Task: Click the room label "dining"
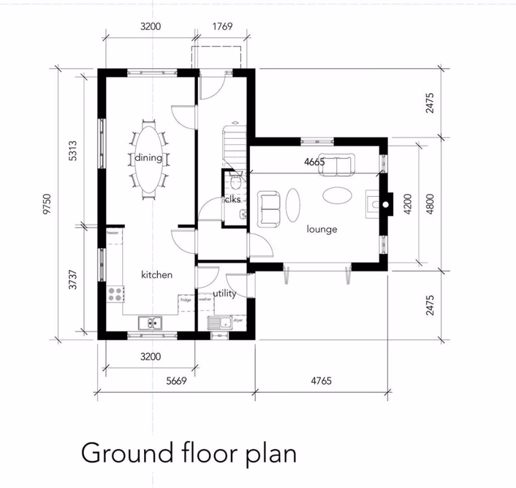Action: pyautogui.click(x=148, y=158)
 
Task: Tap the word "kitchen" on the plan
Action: pyautogui.click(x=156, y=274)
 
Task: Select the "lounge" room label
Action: pyautogui.click(x=322, y=229)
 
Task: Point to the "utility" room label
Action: pyautogui.click(x=224, y=293)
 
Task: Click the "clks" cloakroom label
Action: pyautogui.click(x=232, y=199)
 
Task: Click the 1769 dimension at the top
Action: pyautogui.click(x=222, y=27)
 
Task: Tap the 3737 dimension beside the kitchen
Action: pyautogui.click(x=72, y=282)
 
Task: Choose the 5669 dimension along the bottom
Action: pyautogui.click(x=175, y=380)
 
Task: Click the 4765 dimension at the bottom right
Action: pyautogui.click(x=321, y=380)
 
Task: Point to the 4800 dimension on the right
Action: pyautogui.click(x=431, y=201)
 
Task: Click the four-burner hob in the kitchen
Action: pyautogui.click(x=115, y=294)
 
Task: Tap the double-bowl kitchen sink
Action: pyautogui.click(x=151, y=322)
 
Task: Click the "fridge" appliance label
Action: pyautogui.click(x=185, y=300)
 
